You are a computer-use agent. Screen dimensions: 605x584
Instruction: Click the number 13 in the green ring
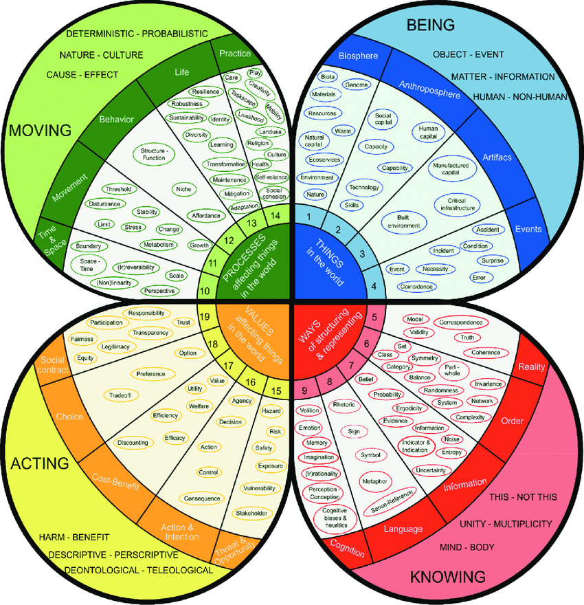[251, 223]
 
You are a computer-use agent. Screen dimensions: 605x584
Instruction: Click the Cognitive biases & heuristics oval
[326, 516]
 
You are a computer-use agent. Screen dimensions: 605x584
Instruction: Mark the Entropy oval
[451, 452]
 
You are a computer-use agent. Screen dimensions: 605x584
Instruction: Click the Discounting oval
[133, 443]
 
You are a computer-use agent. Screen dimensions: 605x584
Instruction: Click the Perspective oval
[159, 291]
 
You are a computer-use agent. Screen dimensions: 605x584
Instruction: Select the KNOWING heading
[447, 577]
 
